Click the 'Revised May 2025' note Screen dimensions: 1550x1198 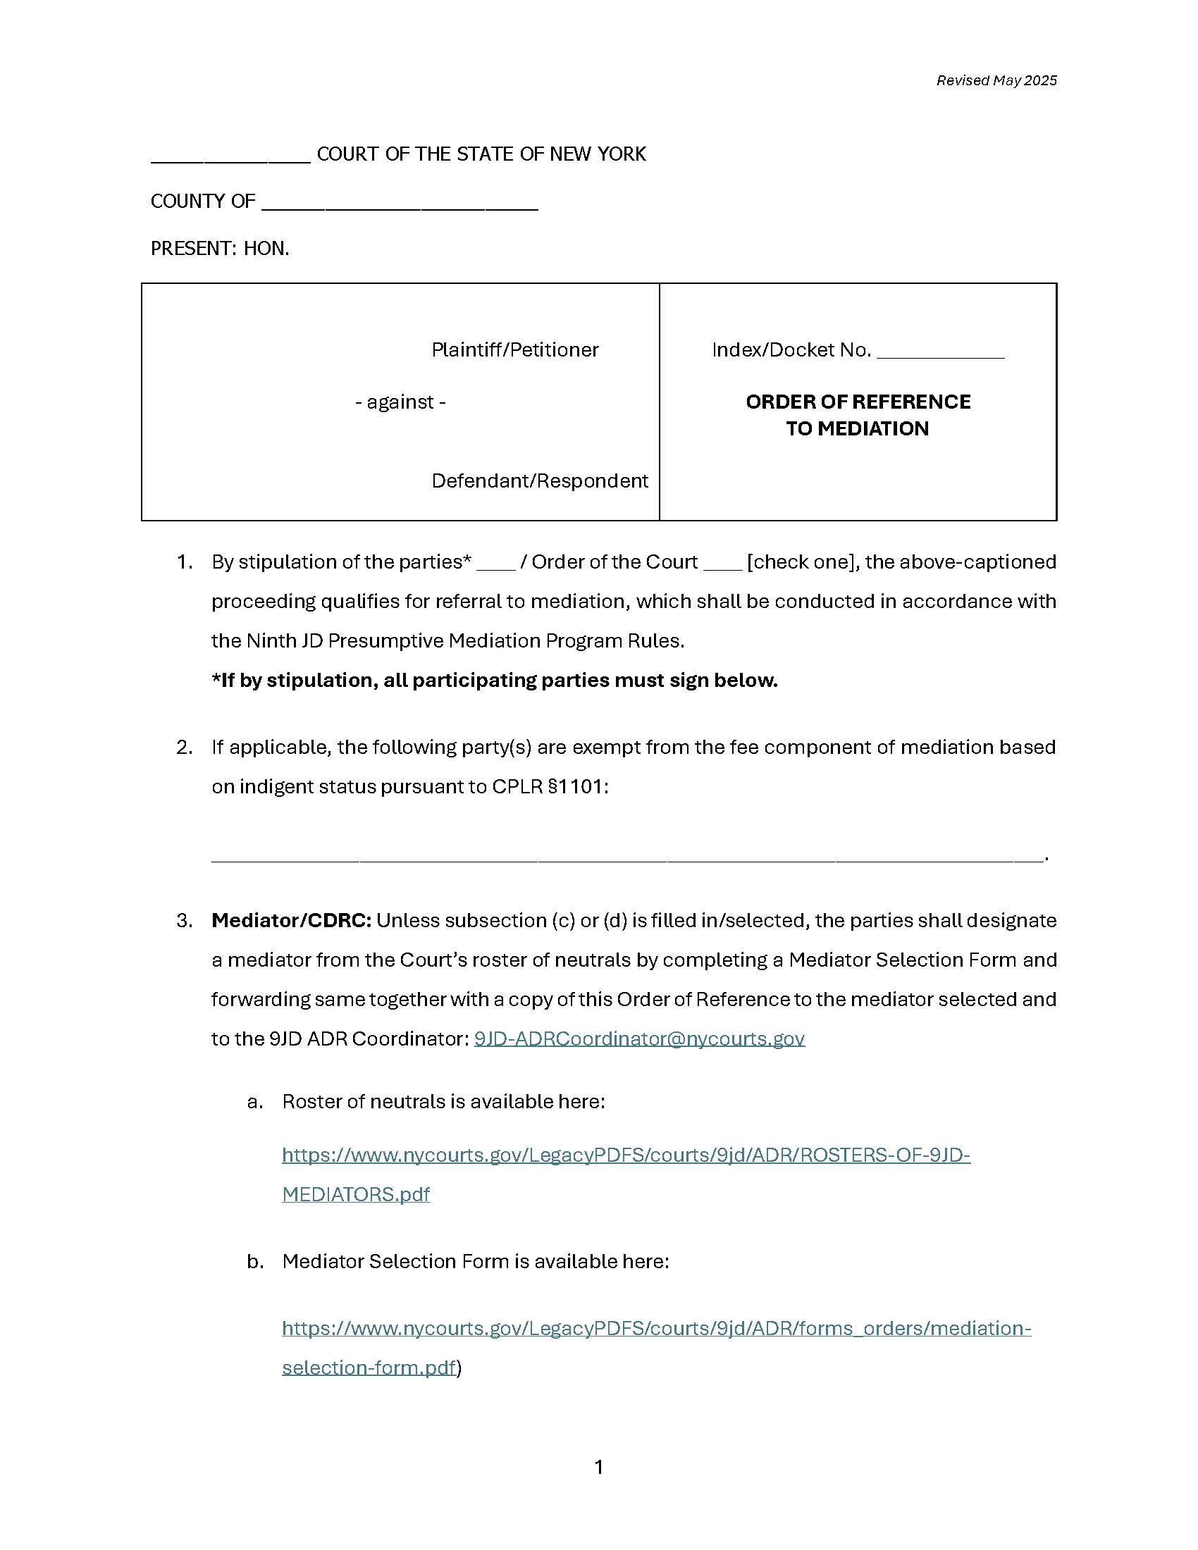point(996,80)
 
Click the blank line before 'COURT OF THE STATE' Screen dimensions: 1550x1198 point(230,159)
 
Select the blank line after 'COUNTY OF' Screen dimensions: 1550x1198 point(400,206)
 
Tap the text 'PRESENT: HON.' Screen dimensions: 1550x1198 point(220,249)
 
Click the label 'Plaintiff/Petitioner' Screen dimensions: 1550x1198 point(514,349)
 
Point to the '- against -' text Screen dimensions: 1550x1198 point(400,402)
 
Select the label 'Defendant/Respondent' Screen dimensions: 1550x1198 point(539,480)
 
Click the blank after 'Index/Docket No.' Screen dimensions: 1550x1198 point(939,355)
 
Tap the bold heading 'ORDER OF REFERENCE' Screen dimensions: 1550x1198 point(858,402)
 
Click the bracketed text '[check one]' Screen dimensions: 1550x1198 point(803,562)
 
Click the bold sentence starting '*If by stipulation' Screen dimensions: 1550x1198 point(495,680)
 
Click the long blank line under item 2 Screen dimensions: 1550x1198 point(627,858)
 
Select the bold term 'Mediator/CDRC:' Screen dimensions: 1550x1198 point(291,921)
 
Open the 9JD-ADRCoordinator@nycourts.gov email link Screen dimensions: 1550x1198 point(638,1039)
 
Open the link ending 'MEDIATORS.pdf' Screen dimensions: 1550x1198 point(356,1194)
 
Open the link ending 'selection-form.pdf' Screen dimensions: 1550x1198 point(369,1368)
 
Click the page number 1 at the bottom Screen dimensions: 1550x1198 point(598,1467)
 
